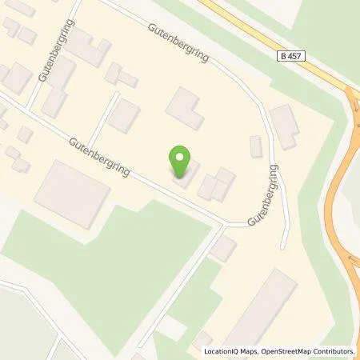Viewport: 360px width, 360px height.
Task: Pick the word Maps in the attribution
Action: (254, 351)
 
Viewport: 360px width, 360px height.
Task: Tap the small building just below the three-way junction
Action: (222, 249)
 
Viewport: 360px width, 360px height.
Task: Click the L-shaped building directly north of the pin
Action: (184, 108)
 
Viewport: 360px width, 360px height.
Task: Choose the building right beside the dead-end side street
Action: (124, 117)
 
